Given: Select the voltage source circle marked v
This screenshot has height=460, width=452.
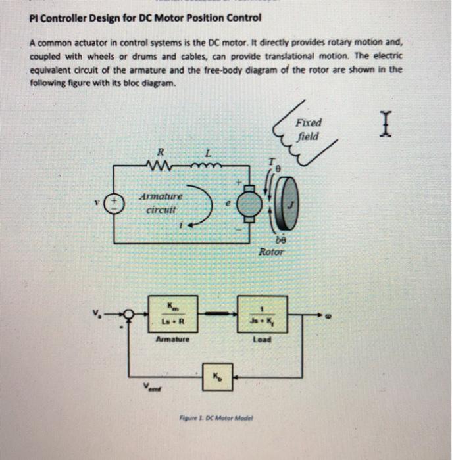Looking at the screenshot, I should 116,200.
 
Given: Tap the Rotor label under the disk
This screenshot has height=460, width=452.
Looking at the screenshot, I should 271,252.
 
